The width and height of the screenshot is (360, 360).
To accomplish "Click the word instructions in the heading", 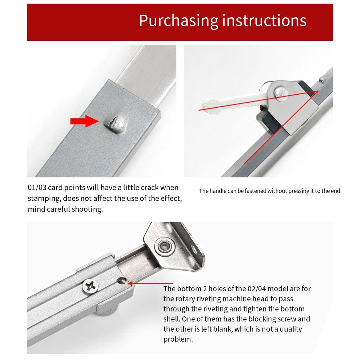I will tap(264, 21).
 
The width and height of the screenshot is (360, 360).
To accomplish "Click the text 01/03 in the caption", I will tap(37, 188).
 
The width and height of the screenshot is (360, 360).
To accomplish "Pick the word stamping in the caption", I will tap(43, 198).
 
